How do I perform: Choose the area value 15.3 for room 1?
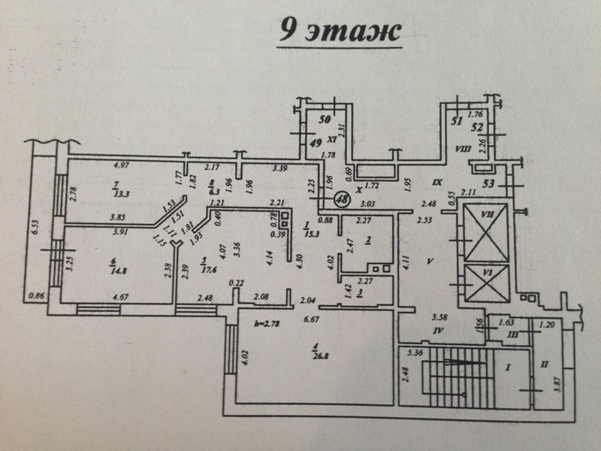308,235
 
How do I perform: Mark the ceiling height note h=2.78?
272,324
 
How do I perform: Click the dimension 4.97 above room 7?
121,165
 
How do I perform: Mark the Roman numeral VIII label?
461,149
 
